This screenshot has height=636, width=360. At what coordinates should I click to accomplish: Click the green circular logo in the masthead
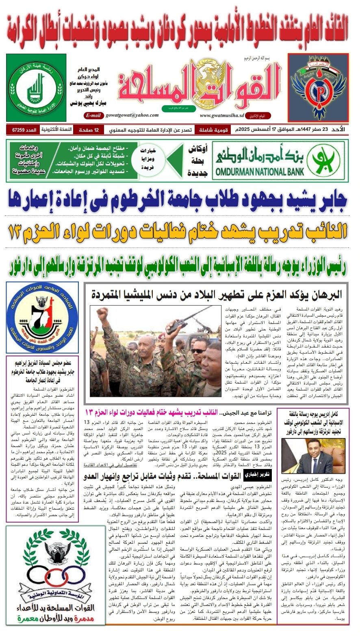coord(36,87)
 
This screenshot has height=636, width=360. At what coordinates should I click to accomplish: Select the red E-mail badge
coord(93,115)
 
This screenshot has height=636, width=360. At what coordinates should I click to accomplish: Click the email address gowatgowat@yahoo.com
coord(132,115)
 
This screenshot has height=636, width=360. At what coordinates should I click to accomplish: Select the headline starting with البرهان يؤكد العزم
coord(216,293)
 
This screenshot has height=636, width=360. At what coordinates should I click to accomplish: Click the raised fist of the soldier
coord(102,313)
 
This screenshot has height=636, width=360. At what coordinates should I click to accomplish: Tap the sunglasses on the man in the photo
coord(198,351)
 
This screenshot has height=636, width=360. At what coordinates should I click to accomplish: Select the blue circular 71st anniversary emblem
coord(42,317)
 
